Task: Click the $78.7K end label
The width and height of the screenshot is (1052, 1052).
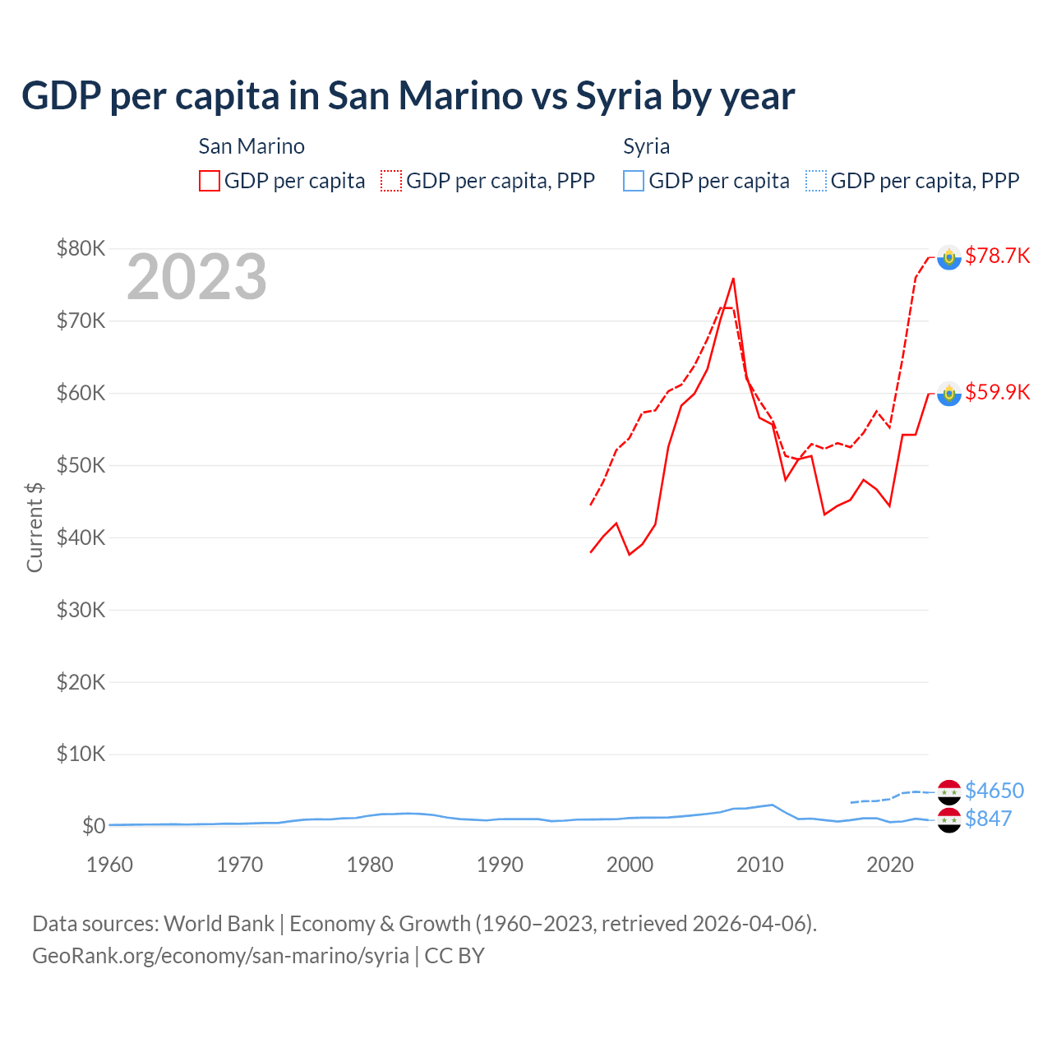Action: tap(997, 256)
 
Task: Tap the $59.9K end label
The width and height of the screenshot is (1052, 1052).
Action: tap(997, 392)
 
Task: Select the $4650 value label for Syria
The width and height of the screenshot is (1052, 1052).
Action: tap(994, 791)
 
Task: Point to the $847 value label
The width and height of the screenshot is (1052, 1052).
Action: tap(988, 819)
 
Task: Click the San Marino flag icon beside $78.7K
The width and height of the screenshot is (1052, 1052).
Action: tap(949, 257)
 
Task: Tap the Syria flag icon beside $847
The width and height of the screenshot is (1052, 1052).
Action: tap(949, 819)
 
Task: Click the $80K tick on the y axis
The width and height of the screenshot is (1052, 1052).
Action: tap(81, 248)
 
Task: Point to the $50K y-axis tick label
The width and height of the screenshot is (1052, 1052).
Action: tap(81, 465)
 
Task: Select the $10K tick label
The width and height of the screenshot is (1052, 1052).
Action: tap(81, 754)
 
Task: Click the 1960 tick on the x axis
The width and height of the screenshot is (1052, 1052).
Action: tap(109, 865)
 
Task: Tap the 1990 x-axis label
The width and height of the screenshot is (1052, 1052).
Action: tap(500, 865)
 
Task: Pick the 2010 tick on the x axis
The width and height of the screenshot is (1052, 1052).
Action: tap(759, 865)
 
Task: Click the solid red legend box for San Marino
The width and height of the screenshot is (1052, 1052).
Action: tap(210, 181)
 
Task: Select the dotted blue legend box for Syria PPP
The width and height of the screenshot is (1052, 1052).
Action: tap(816, 181)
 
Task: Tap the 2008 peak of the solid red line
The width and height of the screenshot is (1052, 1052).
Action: tap(733, 279)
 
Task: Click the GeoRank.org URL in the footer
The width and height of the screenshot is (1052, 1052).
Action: tap(220, 956)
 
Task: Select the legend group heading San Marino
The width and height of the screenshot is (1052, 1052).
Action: tap(251, 146)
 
